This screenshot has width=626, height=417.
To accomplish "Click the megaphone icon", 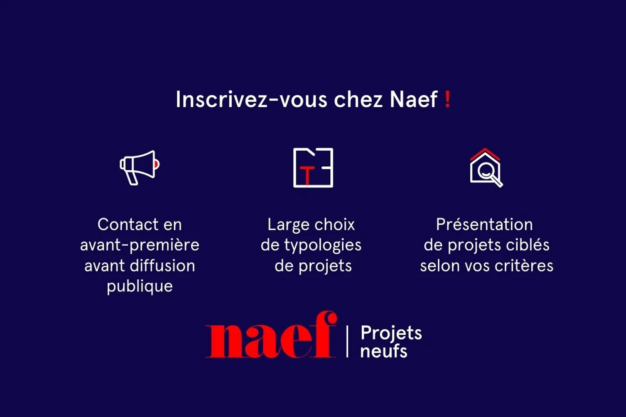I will pyautogui.click(x=140, y=167).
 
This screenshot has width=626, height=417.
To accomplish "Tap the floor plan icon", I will pyautogui.click(x=313, y=168).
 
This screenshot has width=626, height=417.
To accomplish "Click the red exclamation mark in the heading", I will pyautogui.click(x=447, y=99).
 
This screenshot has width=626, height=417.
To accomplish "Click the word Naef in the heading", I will pyautogui.click(x=413, y=99).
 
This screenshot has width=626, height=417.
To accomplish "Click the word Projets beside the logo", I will pyautogui.click(x=391, y=334).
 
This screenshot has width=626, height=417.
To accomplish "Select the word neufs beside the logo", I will pyautogui.click(x=383, y=351).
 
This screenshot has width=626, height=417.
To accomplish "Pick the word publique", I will pyautogui.click(x=140, y=286).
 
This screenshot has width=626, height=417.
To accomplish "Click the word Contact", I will pyautogui.click(x=121, y=225).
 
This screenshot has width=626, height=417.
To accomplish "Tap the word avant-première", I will pyautogui.click(x=140, y=245).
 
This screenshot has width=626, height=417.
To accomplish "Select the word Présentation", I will pyautogui.click(x=484, y=225).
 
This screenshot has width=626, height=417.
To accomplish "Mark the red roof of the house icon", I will pyautogui.click(x=485, y=153).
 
